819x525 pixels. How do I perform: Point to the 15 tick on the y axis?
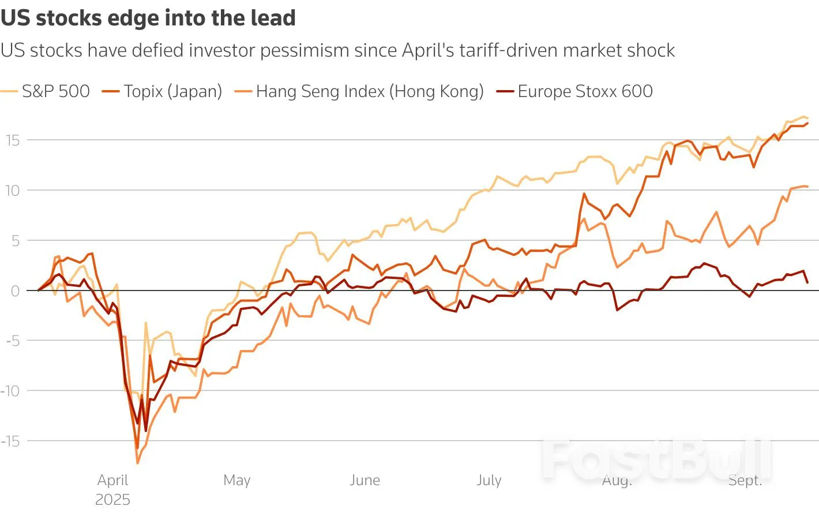tap(13, 140)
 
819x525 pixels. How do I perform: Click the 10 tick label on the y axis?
tap(13, 191)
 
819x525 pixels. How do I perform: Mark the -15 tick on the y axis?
tap(10, 441)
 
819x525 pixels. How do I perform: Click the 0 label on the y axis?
tap(16, 291)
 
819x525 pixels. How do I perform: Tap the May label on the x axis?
tap(236, 480)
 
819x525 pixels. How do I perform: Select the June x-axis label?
tap(365, 480)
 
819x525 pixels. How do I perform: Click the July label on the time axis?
tap(489, 480)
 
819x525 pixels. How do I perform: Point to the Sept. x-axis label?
tap(745, 480)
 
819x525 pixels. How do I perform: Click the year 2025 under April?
tap(112, 500)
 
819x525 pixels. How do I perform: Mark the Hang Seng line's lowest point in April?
tap(137, 463)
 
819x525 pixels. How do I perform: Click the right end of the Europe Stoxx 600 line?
tap(807, 282)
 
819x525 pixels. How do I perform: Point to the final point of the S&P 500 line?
tap(807, 118)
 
